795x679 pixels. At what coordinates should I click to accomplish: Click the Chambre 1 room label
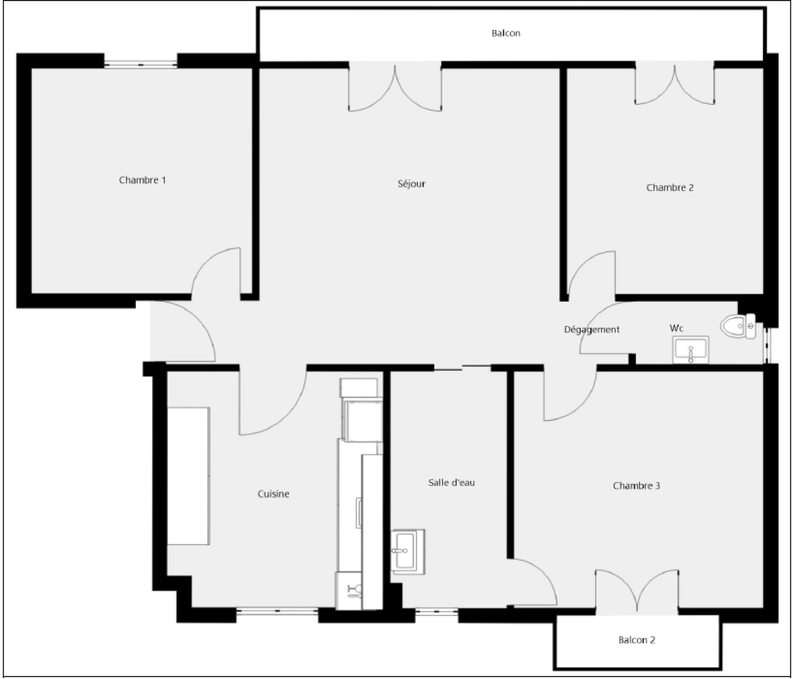[x=142, y=180]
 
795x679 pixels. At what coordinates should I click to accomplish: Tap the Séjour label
[x=411, y=184]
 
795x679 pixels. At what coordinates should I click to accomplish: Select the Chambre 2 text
[x=669, y=188]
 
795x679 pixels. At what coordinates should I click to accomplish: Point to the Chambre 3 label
[x=636, y=486]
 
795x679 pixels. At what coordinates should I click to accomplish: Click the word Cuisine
[x=273, y=494]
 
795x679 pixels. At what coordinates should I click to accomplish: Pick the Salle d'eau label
[x=451, y=483]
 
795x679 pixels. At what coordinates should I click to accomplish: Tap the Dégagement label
[x=591, y=329]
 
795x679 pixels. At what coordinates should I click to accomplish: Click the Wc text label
[x=676, y=328]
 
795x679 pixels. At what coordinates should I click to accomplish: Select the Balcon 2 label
[x=637, y=640]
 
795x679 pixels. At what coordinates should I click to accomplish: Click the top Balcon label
[x=506, y=33]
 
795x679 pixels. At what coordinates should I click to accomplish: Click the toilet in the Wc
[x=738, y=326]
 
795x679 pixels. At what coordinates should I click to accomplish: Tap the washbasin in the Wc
[x=691, y=350]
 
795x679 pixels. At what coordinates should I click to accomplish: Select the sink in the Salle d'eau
[x=408, y=551]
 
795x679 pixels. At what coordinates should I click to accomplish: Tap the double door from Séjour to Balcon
[x=395, y=87]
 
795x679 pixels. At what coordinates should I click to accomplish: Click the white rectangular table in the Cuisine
[x=188, y=477]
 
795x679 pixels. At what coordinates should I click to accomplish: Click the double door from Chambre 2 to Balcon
[x=674, y=83]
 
